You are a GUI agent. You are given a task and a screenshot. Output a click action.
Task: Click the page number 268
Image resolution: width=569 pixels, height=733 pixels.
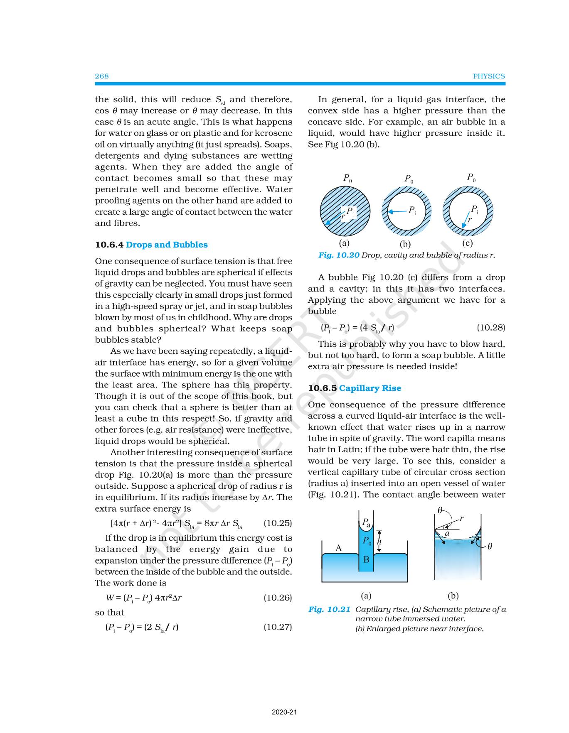(102, 76)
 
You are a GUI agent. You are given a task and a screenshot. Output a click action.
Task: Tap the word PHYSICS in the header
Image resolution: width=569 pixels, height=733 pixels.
(489, 76)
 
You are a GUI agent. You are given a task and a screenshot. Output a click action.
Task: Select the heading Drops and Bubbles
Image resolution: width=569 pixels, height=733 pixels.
(167, 245)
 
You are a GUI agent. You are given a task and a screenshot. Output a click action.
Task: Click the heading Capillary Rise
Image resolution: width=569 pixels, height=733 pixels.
(370, 388)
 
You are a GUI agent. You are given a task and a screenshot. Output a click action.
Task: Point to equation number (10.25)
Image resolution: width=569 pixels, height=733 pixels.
(278, 523)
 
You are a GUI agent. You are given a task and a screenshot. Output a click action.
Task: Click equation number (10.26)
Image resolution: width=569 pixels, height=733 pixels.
(278, 598)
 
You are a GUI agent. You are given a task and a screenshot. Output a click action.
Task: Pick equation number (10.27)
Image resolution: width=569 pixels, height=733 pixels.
(278, 627)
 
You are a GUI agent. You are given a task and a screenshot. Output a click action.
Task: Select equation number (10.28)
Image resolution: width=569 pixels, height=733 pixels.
(491, 328)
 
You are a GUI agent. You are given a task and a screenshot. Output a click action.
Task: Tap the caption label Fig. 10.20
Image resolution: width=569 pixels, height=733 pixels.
(339, 255)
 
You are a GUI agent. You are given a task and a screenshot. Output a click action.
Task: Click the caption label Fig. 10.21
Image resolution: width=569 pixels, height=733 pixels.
(330, 609)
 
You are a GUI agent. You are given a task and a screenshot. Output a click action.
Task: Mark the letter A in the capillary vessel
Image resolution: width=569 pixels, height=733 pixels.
(339, 548)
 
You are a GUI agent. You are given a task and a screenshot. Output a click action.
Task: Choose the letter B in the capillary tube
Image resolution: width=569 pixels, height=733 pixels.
(366, 559)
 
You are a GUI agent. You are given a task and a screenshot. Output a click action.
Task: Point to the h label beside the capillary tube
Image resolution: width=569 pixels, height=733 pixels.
(379, 542)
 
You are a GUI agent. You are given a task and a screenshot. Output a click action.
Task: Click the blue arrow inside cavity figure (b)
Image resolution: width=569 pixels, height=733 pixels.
(397, 211)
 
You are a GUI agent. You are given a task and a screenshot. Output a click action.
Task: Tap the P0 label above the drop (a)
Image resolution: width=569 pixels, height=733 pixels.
(347, 179)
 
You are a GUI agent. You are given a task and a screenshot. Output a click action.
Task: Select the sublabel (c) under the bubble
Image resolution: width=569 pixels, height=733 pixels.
(467, 243)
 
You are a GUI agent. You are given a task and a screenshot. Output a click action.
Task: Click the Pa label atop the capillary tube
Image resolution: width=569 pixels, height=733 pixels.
(366, 523)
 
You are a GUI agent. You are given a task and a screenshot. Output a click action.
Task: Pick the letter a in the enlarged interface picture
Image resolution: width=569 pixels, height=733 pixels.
(447, 533)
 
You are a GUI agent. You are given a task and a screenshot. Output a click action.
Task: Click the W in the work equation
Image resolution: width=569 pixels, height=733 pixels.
(110, 598)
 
